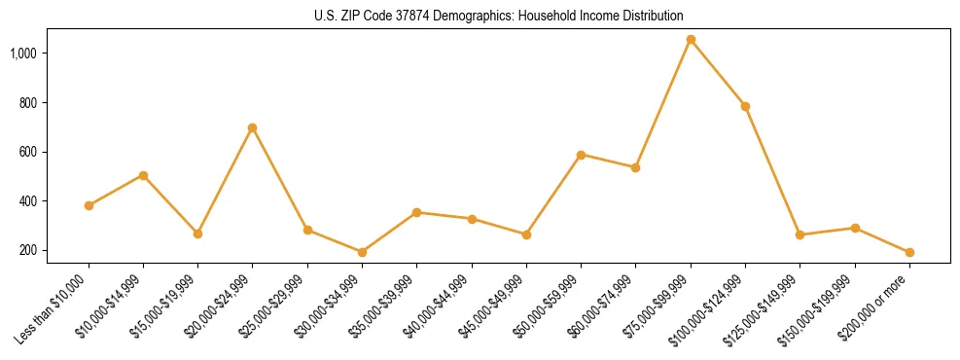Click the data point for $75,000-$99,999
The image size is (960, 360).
[x=691, y=40]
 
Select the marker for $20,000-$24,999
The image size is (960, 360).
[x=253, y=127]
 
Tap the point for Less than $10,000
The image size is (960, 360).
[x=89, y=205]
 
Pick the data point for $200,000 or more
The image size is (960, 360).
[x=909, y=252]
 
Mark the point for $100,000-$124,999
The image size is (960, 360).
[x=745, y=106]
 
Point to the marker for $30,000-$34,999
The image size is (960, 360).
[x=362, y=252]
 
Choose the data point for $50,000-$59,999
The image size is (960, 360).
[x=581, y=155]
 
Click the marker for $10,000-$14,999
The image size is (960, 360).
[x=143, y=175]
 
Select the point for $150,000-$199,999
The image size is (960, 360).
[x=855, y=228]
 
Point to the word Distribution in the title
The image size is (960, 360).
[x=653, y=17]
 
